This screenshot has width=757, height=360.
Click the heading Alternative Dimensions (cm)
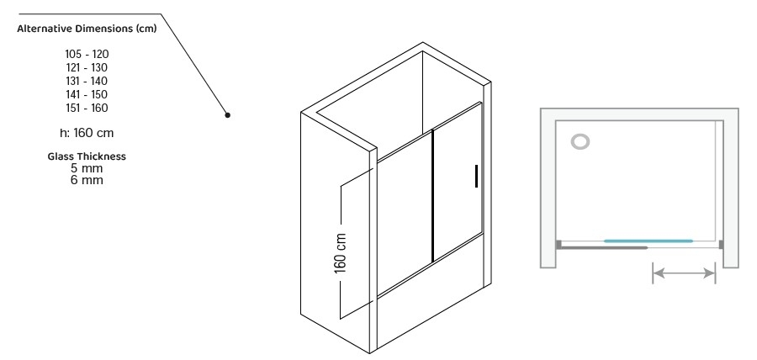pyautogui.click(x=87, y=29)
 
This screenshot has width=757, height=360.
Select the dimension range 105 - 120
pyautogui.click(x=87, y=54)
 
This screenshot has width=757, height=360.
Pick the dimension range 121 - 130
pyautogui.click(x=87, y=67)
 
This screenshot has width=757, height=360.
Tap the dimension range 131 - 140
pyautogui.click(x=87, y=81)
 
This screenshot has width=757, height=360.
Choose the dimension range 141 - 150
pyautogui.click(x=87, y=94)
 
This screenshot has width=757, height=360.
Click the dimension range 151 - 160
pyautogui.click(x=87, y=109)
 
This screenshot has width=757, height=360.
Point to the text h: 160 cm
pyautogui.click(x=87, y=133)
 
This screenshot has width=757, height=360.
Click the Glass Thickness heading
pyautogui.click(x=87, y=156)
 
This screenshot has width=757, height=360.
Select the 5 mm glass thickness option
pyautogui.click(x=87, y=168)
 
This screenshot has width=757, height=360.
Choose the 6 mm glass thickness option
pyautogui.click(x=87, y=180)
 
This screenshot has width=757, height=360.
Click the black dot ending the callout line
pyautogui.click(x=227, y=115)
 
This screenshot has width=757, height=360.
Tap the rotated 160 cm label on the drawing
pyautogui.click(x=341, y=253)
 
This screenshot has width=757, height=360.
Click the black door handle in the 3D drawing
pyautogui.click(x=477, y=176)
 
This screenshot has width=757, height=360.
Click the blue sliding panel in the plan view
pyautogui.click(x=648, y=241)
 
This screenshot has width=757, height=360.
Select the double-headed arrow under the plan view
pyautogui.click(x=684, y=273)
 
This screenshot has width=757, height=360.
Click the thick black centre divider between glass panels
pyautogui.click(x=432, y=196)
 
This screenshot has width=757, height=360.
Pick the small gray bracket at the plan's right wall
pyautogui.click(x=721, y=245)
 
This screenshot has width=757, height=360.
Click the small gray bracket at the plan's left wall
pyautogui.click(x=558, y=245)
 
